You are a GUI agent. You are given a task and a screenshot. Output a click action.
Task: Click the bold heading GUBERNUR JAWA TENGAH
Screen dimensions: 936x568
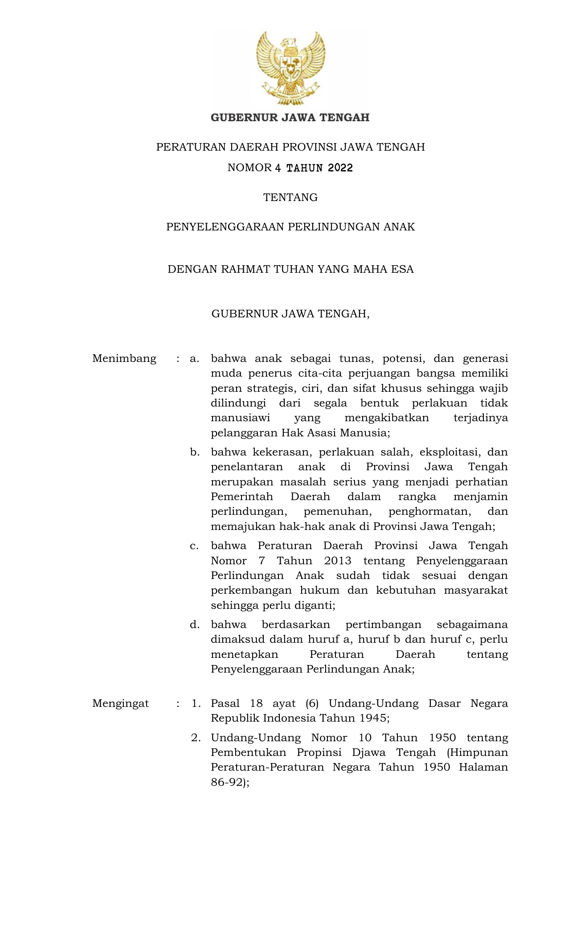point(290,118)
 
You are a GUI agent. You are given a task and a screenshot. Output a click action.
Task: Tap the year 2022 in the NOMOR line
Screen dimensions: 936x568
point(340,168)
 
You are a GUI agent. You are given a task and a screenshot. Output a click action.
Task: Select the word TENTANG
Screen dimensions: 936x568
point(290,197)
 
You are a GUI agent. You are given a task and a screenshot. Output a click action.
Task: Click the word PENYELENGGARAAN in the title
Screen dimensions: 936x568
point(225,227)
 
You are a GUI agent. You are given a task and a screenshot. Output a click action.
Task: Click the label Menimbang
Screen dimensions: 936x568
point(124,358)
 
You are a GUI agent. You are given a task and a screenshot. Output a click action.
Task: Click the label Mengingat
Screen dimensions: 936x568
point(120,703)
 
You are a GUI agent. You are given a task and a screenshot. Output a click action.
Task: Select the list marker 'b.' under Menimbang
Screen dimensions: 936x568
point(194,452)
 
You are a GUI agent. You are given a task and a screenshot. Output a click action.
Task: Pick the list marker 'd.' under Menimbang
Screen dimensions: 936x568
point(194,624)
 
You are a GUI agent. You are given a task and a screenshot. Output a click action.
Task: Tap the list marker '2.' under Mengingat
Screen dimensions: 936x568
point(196,738)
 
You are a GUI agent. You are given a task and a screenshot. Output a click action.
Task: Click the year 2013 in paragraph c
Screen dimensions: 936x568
point(338,561)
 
